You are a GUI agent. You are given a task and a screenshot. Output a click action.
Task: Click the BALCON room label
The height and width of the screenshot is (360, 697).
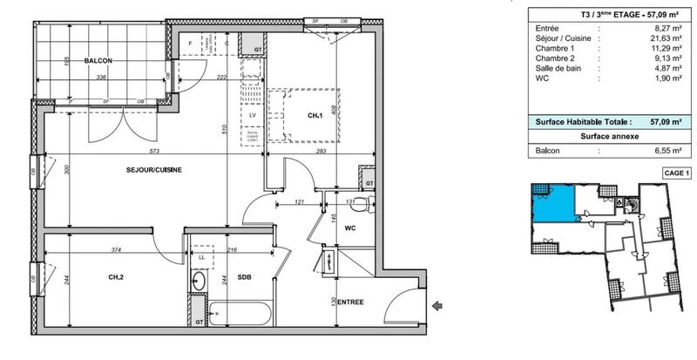(x=99, y=61)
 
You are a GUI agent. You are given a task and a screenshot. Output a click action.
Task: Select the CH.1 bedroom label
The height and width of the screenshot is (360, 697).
(x=315, y=114)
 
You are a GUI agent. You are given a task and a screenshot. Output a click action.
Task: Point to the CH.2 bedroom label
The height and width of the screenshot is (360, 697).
(x=115, y=278)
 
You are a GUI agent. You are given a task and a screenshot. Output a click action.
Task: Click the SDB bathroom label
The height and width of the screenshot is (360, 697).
(x=246, y=278)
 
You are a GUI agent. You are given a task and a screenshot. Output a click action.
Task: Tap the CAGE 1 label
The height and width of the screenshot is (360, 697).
(x=677, y=173)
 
